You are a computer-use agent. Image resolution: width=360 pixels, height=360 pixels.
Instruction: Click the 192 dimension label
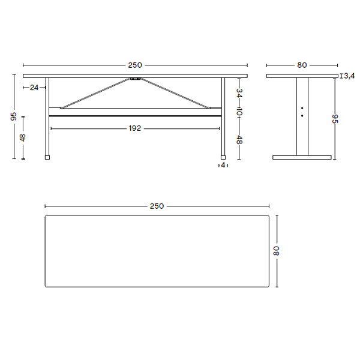pos(135,128)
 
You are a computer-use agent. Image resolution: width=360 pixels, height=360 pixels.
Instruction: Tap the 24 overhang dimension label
pos(34,88)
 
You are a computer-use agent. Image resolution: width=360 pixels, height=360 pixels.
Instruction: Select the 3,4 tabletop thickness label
pos(349,76)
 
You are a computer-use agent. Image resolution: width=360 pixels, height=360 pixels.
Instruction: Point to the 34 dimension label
pos(239,93)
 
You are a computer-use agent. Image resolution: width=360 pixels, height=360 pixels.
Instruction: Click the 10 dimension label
pos(239,113)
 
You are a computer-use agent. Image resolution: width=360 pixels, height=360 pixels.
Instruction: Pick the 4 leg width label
pos(223,165)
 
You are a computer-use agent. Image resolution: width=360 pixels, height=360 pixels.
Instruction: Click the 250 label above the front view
pos(135,65)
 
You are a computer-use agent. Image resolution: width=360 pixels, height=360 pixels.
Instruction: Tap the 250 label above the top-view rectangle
pos(157,206)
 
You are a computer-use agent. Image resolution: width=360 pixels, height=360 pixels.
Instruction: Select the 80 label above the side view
pos(302,65)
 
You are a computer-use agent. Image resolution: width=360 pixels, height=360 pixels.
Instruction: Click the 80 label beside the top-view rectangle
pos(276,251)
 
